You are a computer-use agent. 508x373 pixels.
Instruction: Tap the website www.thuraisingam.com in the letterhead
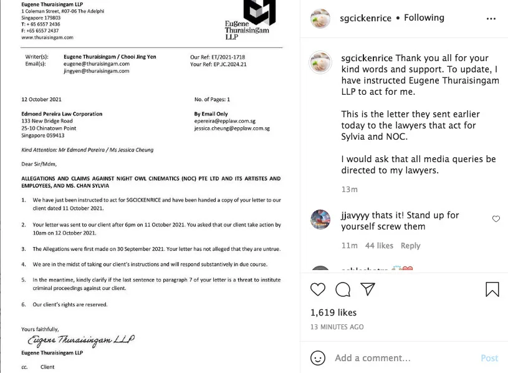(47, 37)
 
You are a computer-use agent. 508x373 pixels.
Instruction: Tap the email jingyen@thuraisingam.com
(97, 71)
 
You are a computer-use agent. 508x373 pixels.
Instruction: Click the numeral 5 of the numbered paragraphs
(24, 280)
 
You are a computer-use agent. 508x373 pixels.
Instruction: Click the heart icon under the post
(318, 289)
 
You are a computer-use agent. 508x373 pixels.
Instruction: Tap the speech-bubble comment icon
(343, 289)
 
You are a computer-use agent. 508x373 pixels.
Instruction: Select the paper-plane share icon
(368, 289)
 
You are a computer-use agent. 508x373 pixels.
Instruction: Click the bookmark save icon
(492, 289)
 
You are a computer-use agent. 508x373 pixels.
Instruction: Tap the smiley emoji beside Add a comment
(318, 358)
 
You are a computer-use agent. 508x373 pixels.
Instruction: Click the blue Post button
(489, 358)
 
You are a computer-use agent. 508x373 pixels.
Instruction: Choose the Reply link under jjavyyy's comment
(410, 246)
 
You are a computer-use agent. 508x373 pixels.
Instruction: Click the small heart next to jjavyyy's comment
(496, 219)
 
